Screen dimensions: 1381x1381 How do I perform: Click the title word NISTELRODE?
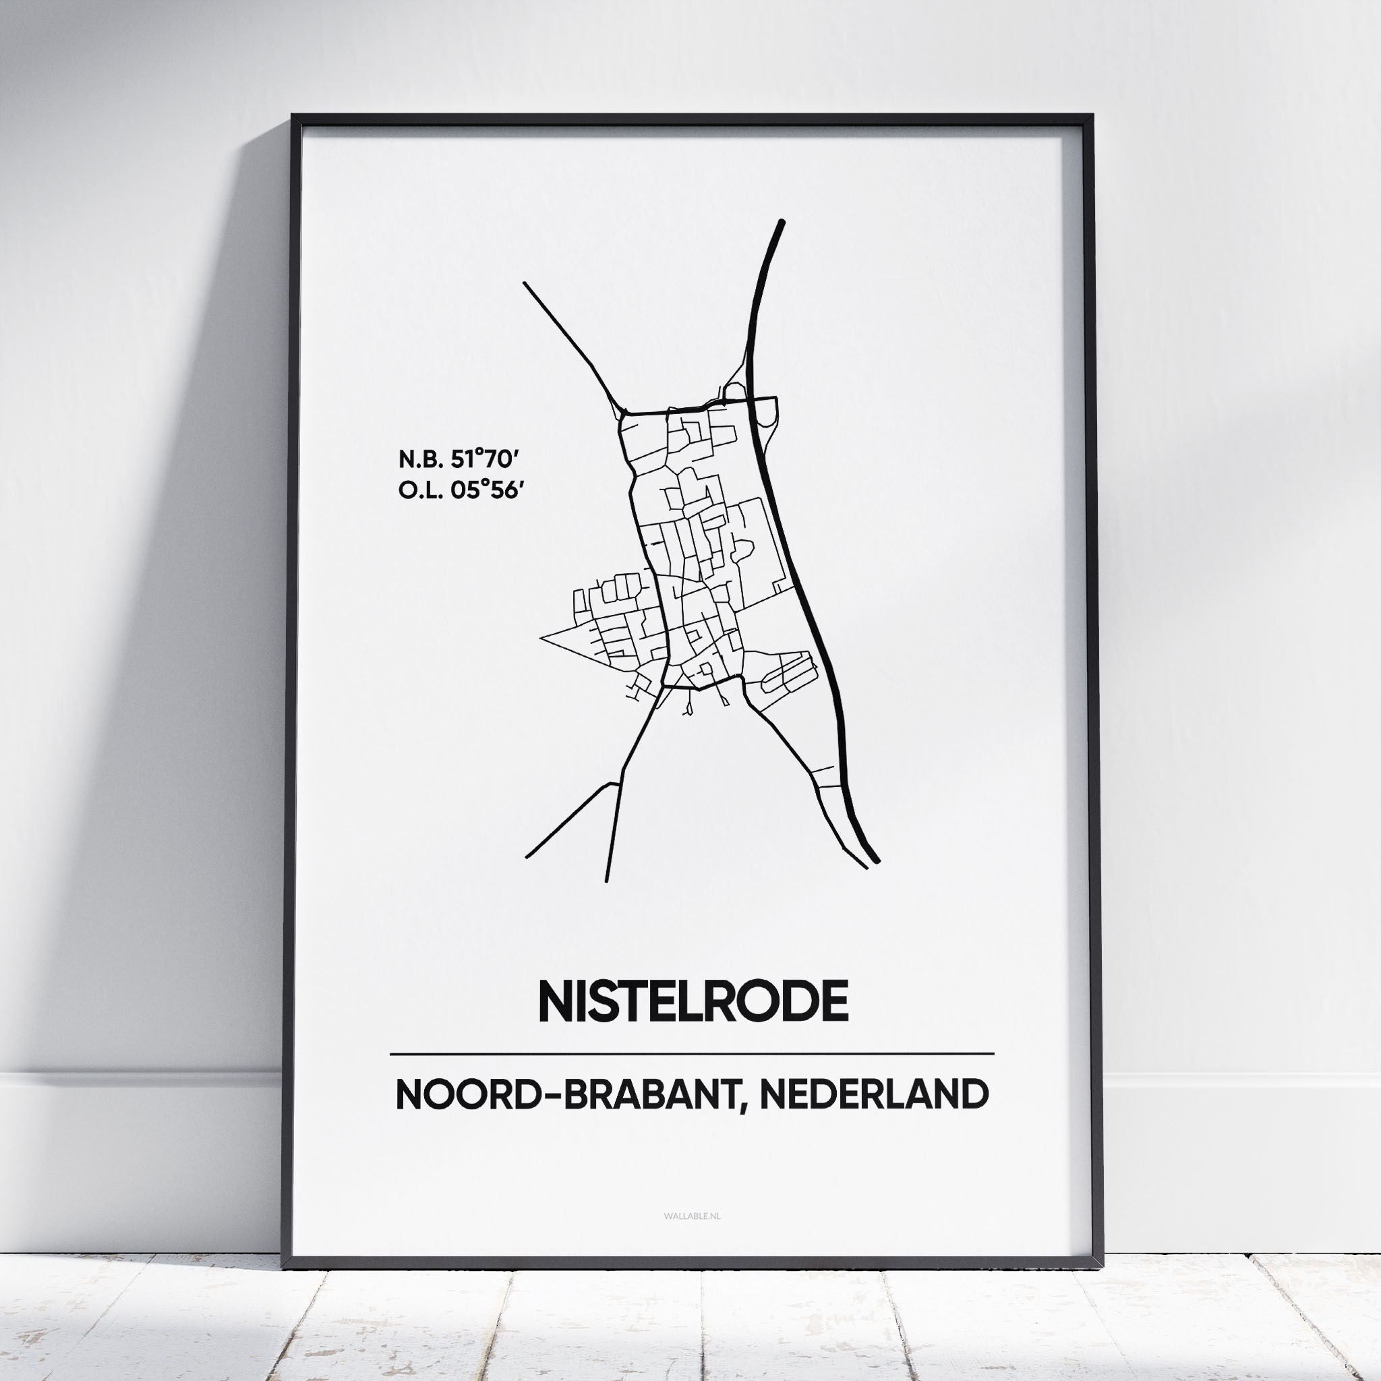(x=693, y=1001)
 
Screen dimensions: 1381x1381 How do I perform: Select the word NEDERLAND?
(x=874, y=1094)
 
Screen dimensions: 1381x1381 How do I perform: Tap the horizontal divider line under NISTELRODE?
(x=691, y=1054)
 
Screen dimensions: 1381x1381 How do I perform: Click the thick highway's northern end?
(x=782, y=223)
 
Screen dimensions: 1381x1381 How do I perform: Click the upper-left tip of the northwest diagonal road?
(x=525, y=284)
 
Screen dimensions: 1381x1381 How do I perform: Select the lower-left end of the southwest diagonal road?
(x=527, y=856)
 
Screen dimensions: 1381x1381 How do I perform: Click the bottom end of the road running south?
(x=606, y=881)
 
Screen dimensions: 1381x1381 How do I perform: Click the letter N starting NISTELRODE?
(x=555, y=1001)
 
